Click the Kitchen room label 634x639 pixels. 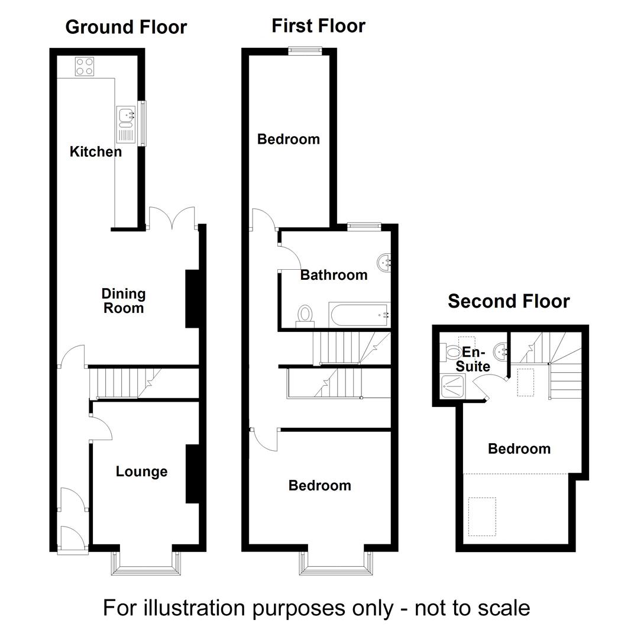[96, 151]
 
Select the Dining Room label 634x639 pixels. [124, 301]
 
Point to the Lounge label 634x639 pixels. [141, 472]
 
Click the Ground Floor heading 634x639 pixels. [126, 27]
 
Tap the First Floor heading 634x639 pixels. [318, 26]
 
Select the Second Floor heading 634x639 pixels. [509, 301]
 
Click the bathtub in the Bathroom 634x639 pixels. [360, 314]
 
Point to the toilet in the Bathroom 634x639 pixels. [305, 315]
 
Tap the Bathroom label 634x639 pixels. [334, 275]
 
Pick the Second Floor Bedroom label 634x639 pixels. [519, 449]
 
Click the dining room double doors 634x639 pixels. [172, 218]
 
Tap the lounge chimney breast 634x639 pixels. [192, 473]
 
